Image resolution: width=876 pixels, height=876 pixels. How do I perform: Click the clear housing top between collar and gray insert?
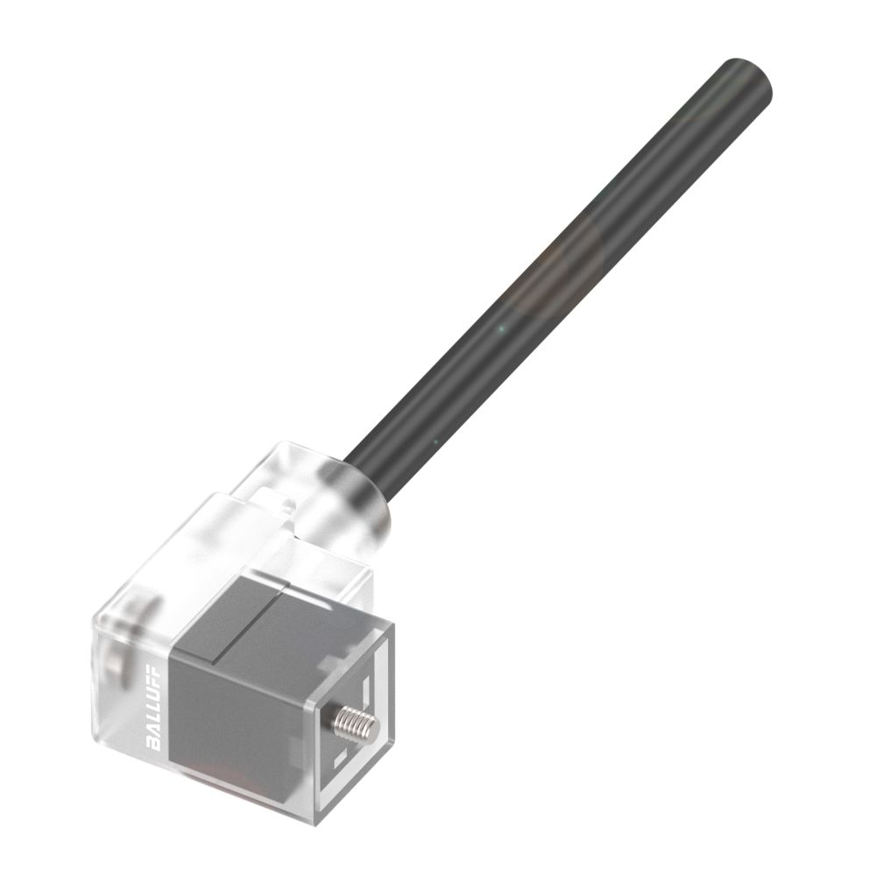pyautogui.click(x=263, y=534)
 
